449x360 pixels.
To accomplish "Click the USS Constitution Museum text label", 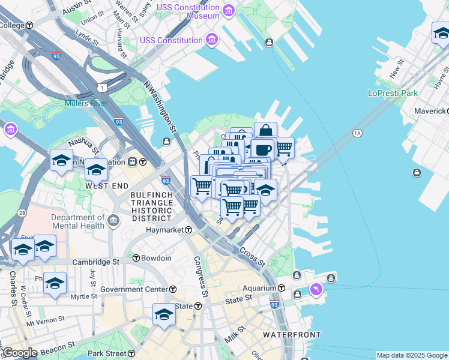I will click(x=188, y=11).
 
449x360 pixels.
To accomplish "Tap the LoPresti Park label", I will click(x=393, y=93).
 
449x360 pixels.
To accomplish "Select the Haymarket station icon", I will click(x=188, y=230).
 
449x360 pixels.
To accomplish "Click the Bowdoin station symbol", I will click(x=136, y=258).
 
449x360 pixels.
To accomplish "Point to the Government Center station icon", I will click(x=173, y=289).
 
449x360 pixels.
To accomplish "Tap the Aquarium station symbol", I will click(x=281, y=289).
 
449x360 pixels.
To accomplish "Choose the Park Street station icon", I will click(x=132, y=353).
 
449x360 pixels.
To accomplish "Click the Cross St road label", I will click(x=252, y=257).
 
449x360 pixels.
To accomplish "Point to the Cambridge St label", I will click(x=96, y=262).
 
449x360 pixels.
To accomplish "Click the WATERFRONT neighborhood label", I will click(x=291, y=335).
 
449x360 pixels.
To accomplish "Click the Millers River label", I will click(x=87, y=103).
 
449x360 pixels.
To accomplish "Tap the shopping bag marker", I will click(x=265, y=131).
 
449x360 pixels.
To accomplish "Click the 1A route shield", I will click(x=358, y=133).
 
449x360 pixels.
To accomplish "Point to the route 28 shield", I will click(x=22, y=213).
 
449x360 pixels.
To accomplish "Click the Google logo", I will click(x=19, y=353).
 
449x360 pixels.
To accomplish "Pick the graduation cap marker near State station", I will click(x=164, y=314).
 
